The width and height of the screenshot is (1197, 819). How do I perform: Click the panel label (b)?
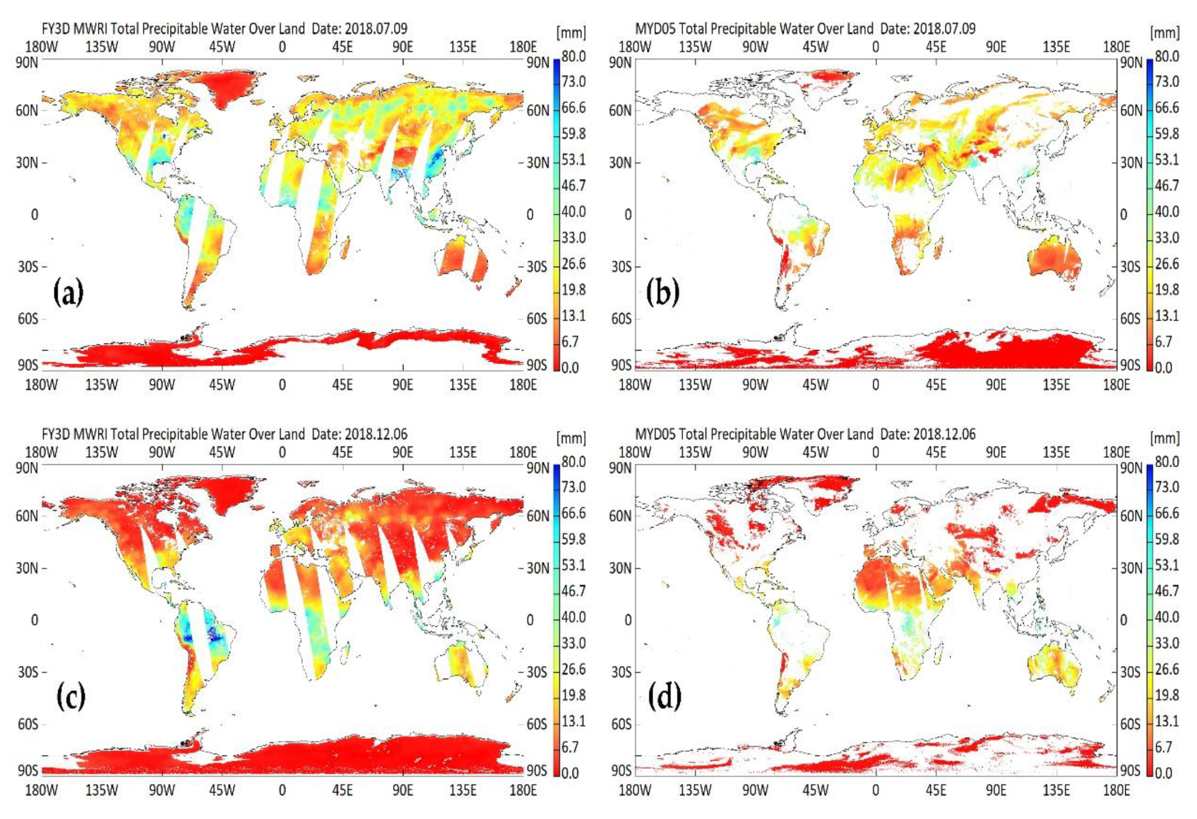[x=662, y=292]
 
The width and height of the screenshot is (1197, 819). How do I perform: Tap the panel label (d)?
[x=664, y=696]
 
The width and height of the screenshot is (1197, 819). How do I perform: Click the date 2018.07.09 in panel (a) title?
[x=376, y=29]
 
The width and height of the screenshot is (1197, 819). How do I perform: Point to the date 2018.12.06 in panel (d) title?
[x=944, y=434]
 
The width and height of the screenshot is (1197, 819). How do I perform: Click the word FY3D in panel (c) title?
[x=56, y=434]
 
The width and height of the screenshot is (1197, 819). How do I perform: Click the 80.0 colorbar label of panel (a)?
[x=573, y=57]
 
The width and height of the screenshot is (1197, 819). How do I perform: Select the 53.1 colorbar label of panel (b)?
[x=1167, y=160]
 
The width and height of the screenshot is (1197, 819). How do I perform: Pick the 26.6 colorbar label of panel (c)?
[x=573, y=669]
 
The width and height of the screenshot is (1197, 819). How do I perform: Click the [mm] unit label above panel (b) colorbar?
[x=1165, y=33]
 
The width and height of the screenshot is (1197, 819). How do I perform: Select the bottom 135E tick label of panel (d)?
[x=1056, y=790]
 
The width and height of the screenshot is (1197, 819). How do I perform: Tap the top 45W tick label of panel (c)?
[x=222, y=452]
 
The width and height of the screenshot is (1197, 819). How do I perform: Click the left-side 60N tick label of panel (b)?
[x=620, y=111]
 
